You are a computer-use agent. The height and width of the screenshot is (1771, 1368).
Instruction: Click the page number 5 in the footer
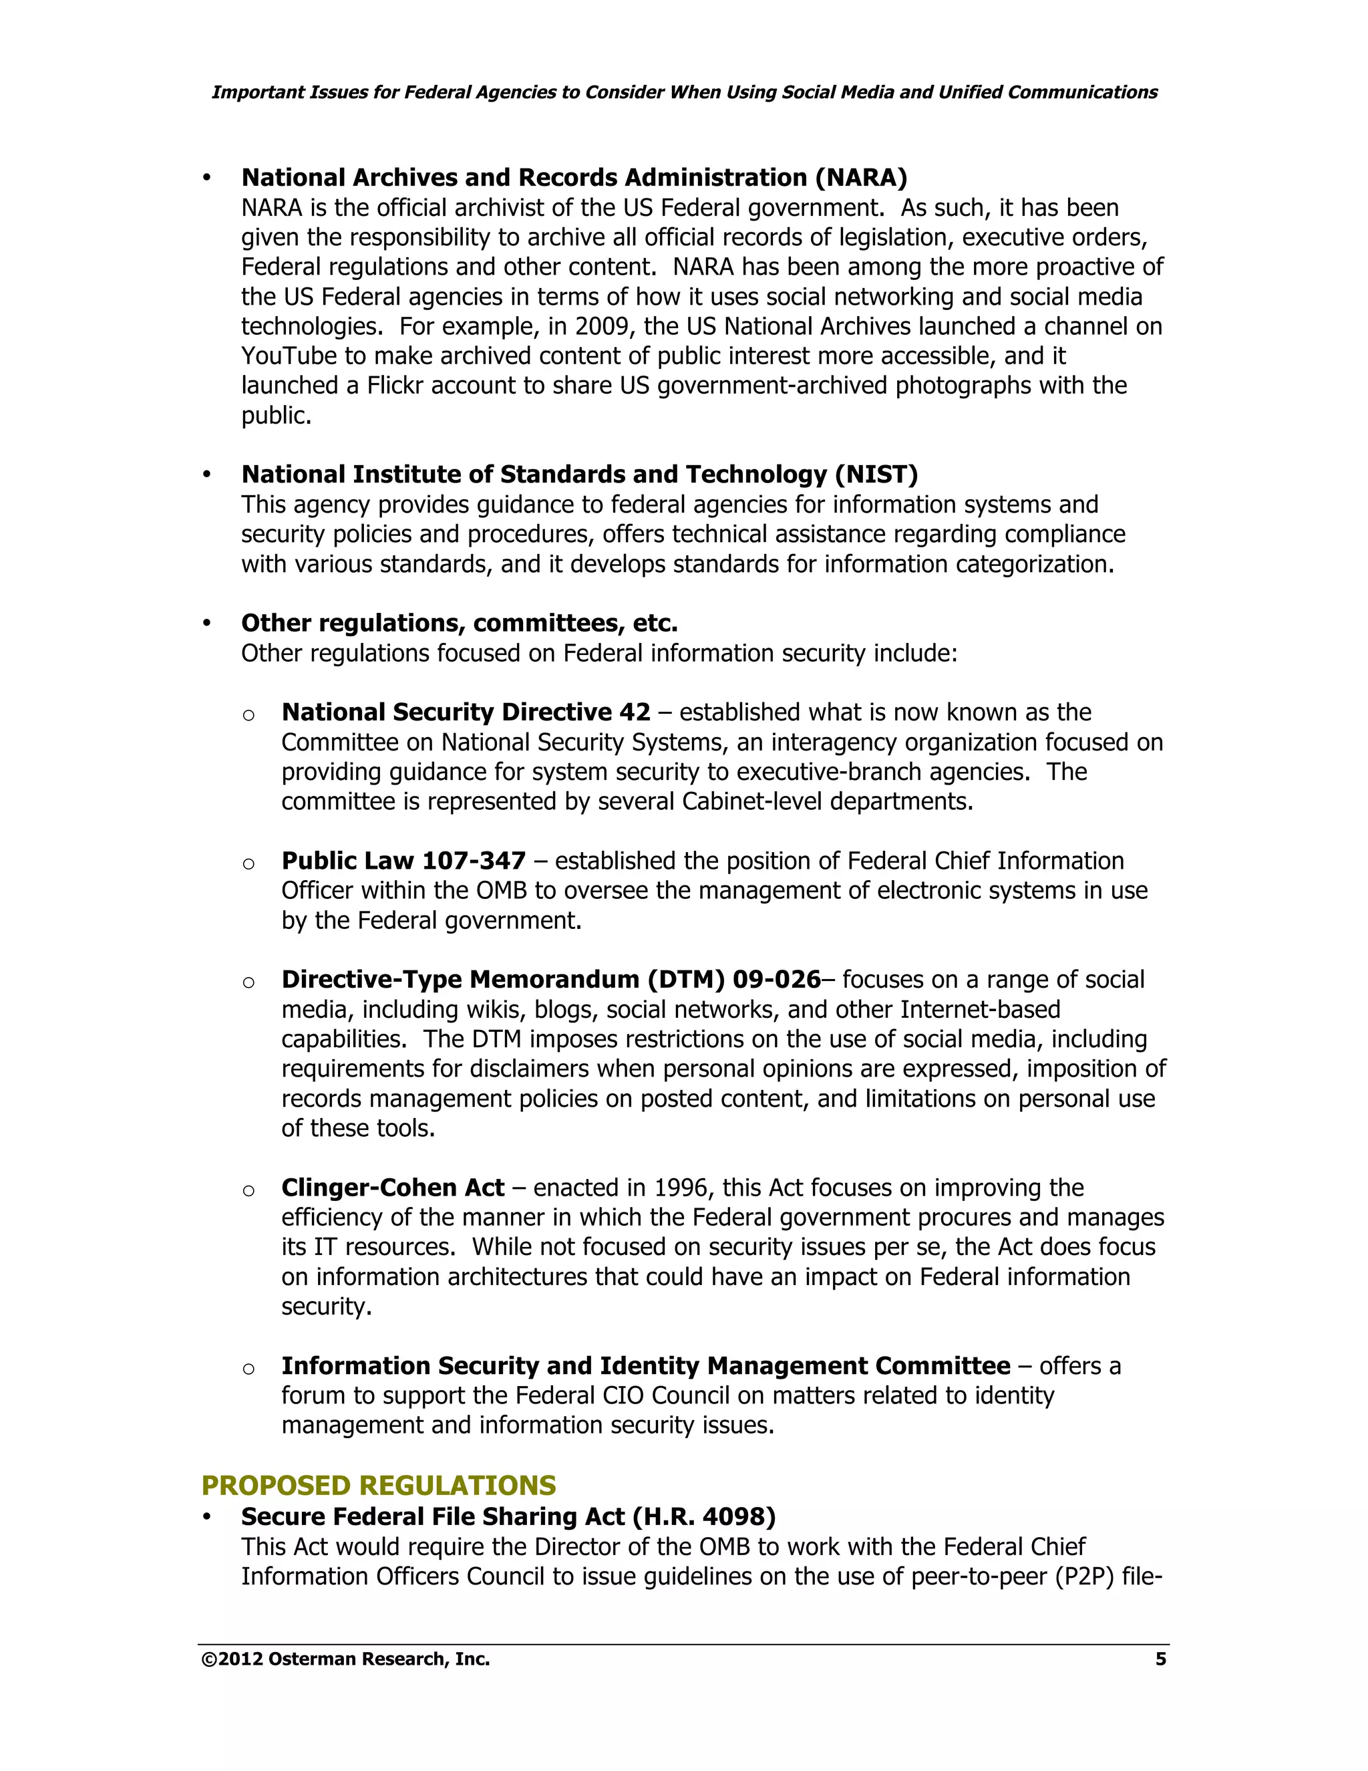(1160, 1659)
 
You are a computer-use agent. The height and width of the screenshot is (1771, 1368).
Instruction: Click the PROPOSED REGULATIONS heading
(379, 1485)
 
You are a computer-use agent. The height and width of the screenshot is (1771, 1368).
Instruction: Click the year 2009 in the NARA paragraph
(601, 326)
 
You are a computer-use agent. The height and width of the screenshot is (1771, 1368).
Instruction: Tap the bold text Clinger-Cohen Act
(392, 1188)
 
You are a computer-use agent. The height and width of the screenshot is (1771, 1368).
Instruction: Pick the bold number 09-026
(776, 980)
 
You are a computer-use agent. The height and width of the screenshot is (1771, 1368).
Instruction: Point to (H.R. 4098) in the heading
(703, 1516)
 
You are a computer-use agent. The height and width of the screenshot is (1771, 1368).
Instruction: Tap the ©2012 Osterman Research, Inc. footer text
(345, 1659)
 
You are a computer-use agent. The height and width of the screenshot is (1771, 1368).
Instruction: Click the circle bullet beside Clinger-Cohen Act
(248, 1190)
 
